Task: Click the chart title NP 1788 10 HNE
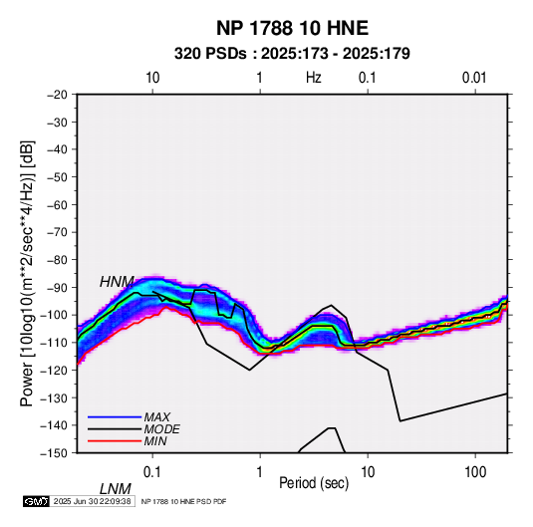pyautogui.click(x=292, y=28)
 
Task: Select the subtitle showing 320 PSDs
pyautogui.click(x=292, y=54)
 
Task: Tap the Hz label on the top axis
pyautogui.click(x=313, y=78)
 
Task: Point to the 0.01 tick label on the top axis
pyautogui.click(x=474, y=78)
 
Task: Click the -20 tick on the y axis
pyautogui.click(x=57, y=95)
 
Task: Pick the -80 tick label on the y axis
pyautogui.click(x=57, y=260)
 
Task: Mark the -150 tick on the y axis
pyautogui.click(x=54, y=453)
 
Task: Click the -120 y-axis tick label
pyautogui.click(x=54, y=371)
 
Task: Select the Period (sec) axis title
pyautogui.click(x=314, y=483)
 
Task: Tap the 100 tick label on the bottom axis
pyautogui.click(x=475, y=472)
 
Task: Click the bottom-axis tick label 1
pyautogui.click(x=260, y=472)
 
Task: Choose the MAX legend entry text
pyautogui.click(x=156, y=417)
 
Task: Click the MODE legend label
pyautogui.click(x=161, y=429)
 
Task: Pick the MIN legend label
pyautogui.click(x=155, y=441)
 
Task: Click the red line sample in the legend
pyautogui.click(x=115, y=441)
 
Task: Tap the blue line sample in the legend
pyautogui.click(x=115, y=417)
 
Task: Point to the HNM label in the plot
pyautogui.click(x=117, y=282)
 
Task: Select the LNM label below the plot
pyautogui.click(x=116, y=489)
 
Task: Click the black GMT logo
pyautogui.click(x=37, y=501)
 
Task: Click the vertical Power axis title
pyautogui.click(x=27, y=273)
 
